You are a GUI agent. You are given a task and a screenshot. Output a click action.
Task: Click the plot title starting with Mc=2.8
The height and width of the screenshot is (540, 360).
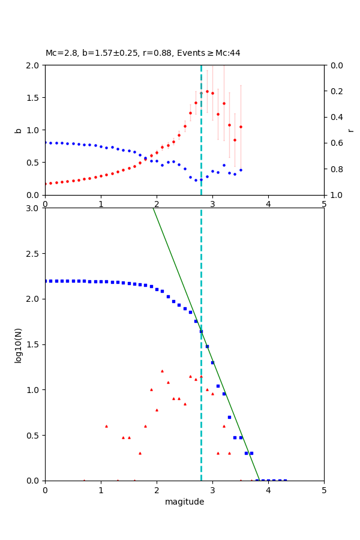tap(143, 53)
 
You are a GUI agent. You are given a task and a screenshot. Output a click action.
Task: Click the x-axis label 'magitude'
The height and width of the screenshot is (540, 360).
tap(184, 502)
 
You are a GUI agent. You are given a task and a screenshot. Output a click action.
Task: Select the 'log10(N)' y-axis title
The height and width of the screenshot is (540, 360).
tap(18, 344)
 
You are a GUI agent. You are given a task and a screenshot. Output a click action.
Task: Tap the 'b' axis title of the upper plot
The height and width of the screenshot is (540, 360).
tap(18, 130)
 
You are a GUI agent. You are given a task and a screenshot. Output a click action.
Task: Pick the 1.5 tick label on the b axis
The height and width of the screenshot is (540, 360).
tap(34, 98)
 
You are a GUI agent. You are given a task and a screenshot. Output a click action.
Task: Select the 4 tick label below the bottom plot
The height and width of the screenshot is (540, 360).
tap(268, 490)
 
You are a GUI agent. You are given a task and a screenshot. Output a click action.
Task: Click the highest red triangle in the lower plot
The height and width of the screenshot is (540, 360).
tap(162, 371)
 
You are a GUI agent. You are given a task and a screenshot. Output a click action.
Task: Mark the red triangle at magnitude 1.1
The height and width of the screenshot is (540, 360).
tap(106, 426)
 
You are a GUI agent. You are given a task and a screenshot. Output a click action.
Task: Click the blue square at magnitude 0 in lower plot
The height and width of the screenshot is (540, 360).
tap(45, 281)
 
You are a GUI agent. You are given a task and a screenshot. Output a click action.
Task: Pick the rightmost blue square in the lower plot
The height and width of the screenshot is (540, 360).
tap(285, 480)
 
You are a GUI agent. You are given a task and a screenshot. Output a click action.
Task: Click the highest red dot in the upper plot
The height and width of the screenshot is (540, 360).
tap(207, 91)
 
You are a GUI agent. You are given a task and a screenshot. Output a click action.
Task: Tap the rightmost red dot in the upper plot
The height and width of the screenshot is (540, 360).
tap(241, 127)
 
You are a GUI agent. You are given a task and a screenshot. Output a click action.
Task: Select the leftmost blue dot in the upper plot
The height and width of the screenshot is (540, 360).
tap(45, 142)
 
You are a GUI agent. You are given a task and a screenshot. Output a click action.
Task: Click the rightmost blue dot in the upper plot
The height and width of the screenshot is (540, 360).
tap(241, 170)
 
